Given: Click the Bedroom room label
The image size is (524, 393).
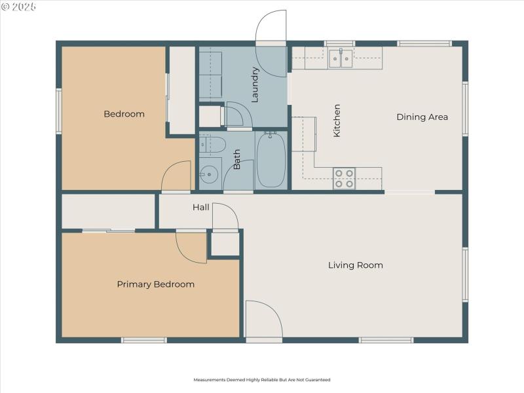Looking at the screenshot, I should [124, 114].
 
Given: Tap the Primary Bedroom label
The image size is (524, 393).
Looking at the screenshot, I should [155, 284].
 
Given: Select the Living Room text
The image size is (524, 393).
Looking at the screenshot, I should [355, 265].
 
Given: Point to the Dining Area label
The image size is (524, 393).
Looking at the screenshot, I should [422, 117].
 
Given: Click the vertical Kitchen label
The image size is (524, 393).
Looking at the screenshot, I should [337, 121].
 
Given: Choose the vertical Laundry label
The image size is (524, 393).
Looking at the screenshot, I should [255, 84].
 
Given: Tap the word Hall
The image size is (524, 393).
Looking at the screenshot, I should [200, 208].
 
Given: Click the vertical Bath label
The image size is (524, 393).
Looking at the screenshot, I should [236, 160].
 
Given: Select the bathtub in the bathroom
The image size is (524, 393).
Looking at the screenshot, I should [271, 160].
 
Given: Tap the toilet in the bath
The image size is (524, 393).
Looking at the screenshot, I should [212, 144].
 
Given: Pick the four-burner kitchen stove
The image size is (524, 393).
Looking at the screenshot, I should [344, 179].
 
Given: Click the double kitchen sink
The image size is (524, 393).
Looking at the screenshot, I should [341, 59].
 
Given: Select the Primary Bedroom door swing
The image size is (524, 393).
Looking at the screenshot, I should [190, 246].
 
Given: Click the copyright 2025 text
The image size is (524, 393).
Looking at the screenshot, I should [19, 7].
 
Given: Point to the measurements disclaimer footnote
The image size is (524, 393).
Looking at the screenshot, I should [261, 380].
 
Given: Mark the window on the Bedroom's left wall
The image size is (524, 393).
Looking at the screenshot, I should [58, 111].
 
